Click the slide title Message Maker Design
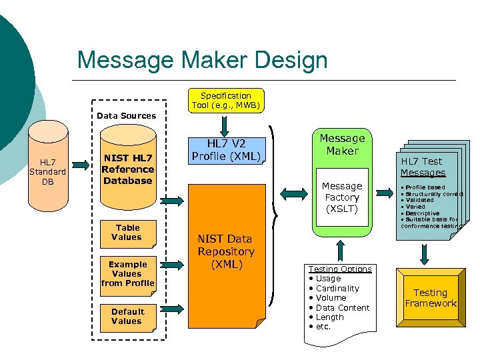click(202, 60)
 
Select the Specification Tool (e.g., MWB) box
click(226, 101)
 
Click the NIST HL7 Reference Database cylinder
click(127, 169)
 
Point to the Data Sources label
click(126, 115)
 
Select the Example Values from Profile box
click(127, 273)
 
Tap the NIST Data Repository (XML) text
click(226, 251)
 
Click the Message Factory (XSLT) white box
click(342, 197)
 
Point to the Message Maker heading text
click(342, 144)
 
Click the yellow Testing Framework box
click(430, 297)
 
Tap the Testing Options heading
click(340, 269)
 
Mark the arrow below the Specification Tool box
click(226, 124)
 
